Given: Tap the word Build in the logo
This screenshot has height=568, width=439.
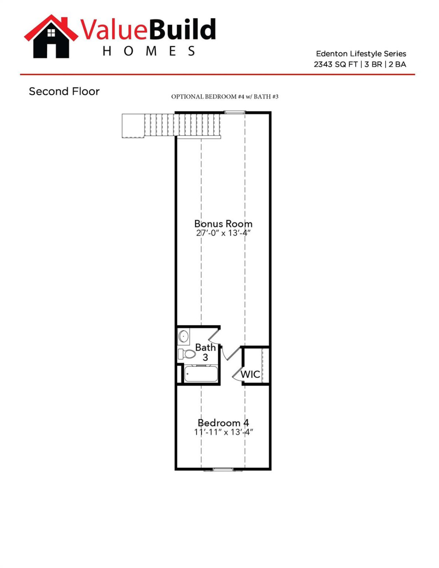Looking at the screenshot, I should [183, 30].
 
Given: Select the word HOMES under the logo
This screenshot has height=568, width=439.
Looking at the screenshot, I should [149, 51].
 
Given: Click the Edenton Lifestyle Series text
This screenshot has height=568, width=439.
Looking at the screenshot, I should [361, 54].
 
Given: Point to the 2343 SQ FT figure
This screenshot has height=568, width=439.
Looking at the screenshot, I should [335, 64].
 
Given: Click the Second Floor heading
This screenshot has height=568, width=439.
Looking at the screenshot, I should [64, 92].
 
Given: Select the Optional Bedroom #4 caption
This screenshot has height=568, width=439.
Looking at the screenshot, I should [224, 97].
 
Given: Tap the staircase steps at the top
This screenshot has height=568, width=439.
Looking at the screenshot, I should [182, 125].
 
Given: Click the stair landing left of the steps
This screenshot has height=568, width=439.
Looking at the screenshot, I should [133, 126].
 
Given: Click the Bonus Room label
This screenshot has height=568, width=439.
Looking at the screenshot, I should [223, 224].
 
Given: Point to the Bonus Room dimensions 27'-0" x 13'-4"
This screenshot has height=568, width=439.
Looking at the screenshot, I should [223, 233].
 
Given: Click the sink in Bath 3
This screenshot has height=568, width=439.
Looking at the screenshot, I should [183, 336].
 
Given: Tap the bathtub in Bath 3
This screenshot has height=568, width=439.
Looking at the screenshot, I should [201, 374].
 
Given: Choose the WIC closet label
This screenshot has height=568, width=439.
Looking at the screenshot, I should [250, 374].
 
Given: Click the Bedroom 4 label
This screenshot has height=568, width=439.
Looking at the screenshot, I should [223, 423].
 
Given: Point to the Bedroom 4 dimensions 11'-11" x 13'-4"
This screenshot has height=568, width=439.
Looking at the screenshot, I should [223, 432].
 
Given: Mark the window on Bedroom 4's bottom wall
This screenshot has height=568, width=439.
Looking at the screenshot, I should [223, 469].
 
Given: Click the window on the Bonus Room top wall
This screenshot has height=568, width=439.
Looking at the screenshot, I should [235, 113].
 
